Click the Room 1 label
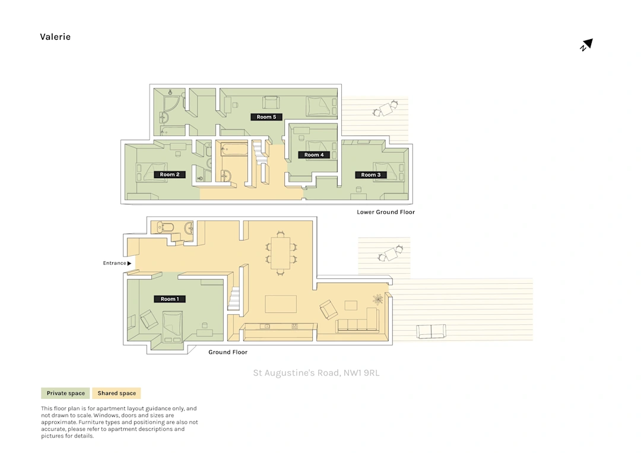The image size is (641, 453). (170, 299)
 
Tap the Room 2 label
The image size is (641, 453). (170, 175)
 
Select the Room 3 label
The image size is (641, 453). (371, 175)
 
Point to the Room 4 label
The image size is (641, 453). (314, 155)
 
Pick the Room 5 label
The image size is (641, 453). (266, 117)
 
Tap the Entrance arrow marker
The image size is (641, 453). (129, 263)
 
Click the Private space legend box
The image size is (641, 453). (65, 393)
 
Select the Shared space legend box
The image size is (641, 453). (116, 393)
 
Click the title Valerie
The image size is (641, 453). (55, 37)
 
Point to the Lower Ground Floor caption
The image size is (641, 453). (386, 212)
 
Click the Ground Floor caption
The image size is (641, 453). (228, 352)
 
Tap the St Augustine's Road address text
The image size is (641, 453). (316, 373)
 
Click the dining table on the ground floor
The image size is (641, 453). (280, 253)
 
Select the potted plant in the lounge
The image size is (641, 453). (378, 299)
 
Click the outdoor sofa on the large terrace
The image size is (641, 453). (431, 331)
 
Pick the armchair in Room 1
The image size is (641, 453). (148, 319)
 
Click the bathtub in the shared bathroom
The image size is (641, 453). (234, 149)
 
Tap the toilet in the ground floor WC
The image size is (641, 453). (165, 227)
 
